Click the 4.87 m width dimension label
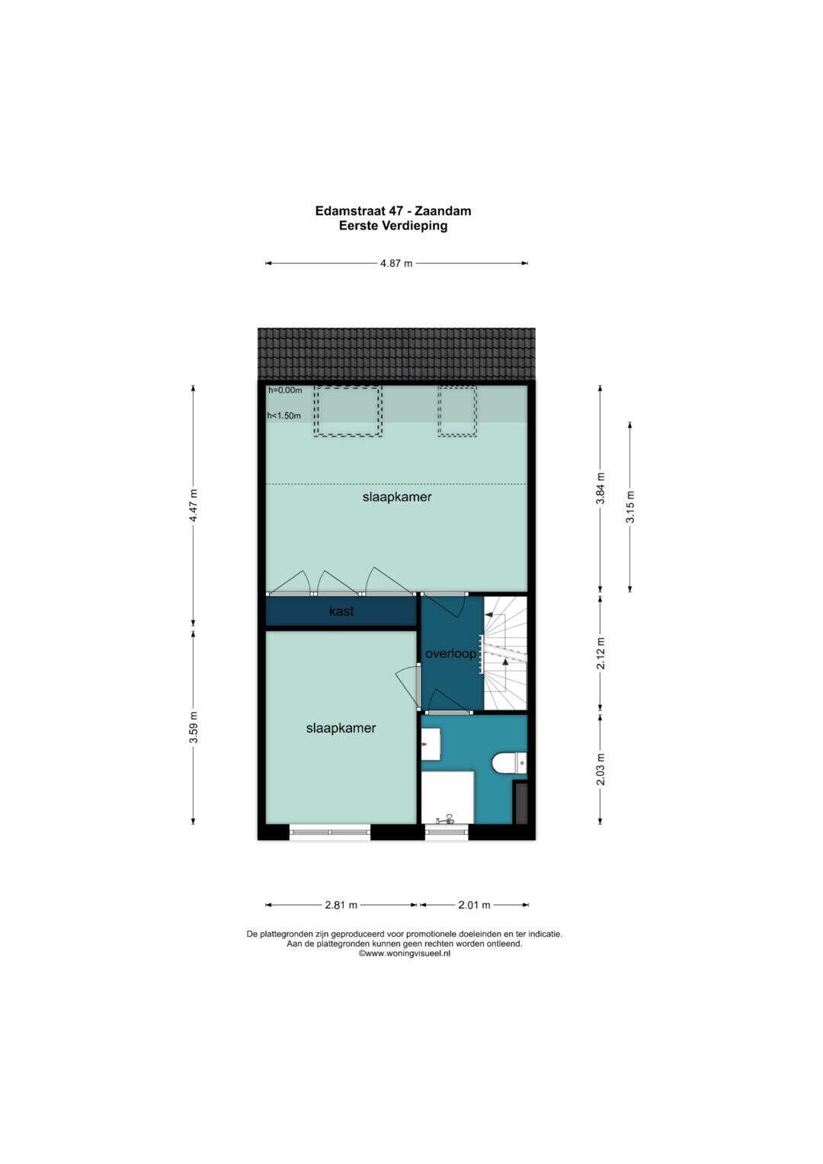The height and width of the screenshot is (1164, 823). pyautogui.click(x=396, y=264)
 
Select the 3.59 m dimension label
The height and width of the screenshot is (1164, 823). pyautogui.click(x=193, y=727)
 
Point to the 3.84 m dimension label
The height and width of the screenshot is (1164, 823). pyautogui.click(x=600, y=488)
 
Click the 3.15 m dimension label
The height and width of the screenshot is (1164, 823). pyautogui.click(x=629, y=507)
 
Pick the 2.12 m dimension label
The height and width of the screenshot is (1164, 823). pyautogui.click(x=600, y=653)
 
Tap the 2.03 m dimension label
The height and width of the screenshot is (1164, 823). pyautogui.click(x=600, y=769)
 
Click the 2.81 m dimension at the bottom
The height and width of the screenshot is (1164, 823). pyautogui.click(x=341, y=905)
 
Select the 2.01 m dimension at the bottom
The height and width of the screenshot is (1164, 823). pyautogui.click(x=474, y=905)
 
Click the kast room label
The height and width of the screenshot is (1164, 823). pyautogui.click(x=341, y=611)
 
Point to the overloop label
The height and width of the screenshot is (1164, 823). pyautogui.click(x=450, y=654)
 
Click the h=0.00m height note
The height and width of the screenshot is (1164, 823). pyautogui.click(x=285, y=390)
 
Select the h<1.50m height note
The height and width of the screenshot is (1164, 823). pyautogui.click(x=283, y=415)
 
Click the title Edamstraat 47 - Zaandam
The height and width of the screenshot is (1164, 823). pyautogui.click(x=393, y=211)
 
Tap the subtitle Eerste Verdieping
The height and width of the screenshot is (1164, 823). pyautogui.click(x=393, y=226)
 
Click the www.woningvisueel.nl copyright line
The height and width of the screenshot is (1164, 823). pyautogui.click(x=404, y=954)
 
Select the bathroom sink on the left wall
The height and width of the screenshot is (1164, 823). pyautogui.click(x=431, y=744)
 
